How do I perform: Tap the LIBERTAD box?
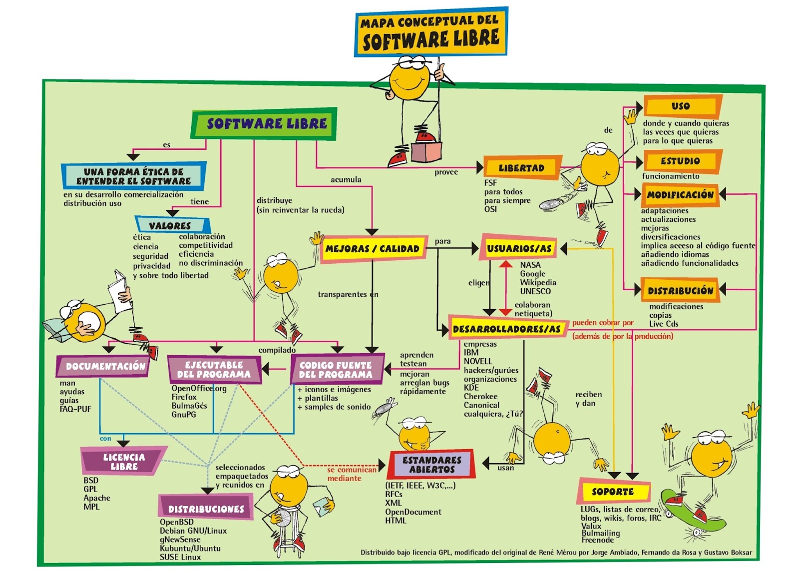point(521,168)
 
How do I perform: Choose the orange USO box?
point(681,106)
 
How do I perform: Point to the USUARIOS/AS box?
point(519,248)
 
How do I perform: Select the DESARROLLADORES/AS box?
point(506,329)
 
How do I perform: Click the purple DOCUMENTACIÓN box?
point(105,366)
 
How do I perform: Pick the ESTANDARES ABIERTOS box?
point(432,465)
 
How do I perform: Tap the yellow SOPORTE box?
point(613,492)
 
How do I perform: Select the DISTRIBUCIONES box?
point(206,509)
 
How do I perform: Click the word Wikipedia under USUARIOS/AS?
point(538,282)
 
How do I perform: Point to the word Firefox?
point(184,397)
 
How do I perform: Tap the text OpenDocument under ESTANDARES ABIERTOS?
point(413,512)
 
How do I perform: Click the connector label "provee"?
point(446,172)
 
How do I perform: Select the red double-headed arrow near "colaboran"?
point(505,288)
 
